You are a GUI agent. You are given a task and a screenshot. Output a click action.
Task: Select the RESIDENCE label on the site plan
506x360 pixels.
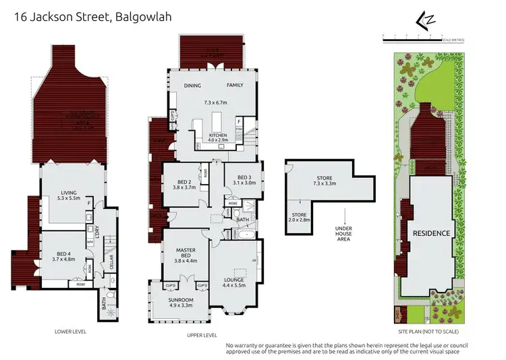pyautogui.click(x=431, y=233)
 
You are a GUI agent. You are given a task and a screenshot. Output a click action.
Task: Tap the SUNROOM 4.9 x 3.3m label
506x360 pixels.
pyautogui.click(x=180, y=302)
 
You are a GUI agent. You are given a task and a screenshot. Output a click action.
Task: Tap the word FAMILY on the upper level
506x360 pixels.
pyautogui.click(x=234, y=86)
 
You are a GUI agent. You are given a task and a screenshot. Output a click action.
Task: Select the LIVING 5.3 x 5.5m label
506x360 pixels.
pyautogui.click(x=70, y=196)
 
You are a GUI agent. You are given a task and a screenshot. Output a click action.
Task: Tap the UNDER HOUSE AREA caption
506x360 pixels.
pyautogui.click(x=344, y=232)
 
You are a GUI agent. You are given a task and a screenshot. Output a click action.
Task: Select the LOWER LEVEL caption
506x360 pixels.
pyautogui.click(x=70, y=332)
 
